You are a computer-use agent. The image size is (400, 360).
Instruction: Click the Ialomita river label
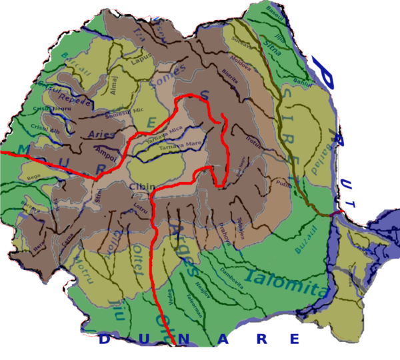(x=285, y=283)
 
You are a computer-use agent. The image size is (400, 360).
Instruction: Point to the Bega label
(x=33, y=178)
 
